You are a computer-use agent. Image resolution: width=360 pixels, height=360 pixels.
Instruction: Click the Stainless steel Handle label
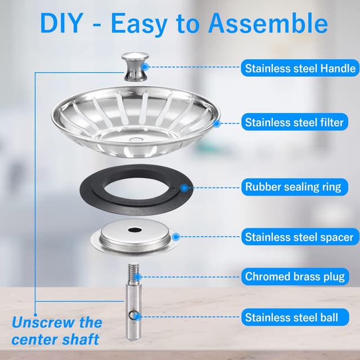[x=300, y=69]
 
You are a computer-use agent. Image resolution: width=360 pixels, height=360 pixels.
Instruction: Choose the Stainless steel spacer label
[x=299, y=237]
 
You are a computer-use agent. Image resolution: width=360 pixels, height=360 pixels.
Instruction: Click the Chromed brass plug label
[x=295, y=276]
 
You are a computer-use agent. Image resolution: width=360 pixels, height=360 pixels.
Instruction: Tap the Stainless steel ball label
[x=291, y=317]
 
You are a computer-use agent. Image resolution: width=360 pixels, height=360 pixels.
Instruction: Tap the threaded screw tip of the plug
[x=133, y=273]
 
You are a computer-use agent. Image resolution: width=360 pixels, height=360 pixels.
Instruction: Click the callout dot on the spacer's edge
[x=176, y=237]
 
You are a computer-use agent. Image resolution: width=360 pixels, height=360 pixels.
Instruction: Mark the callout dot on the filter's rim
[x=217, y=122]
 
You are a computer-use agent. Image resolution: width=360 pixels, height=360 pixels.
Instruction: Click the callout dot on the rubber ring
[x=183, y=187]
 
